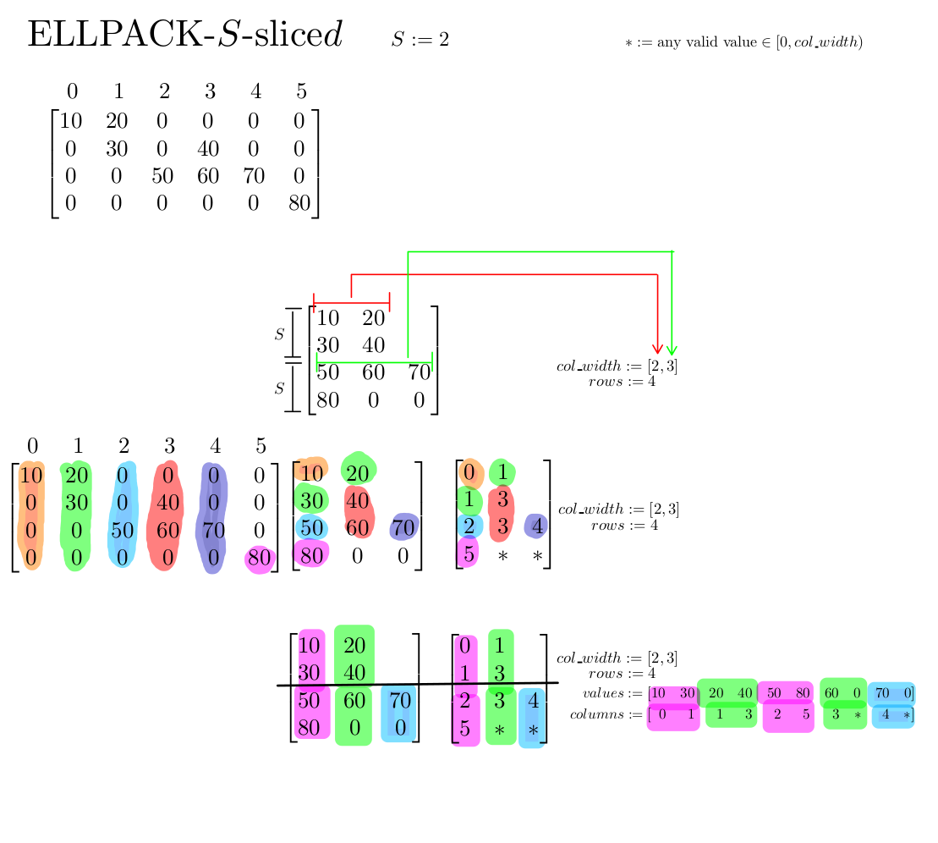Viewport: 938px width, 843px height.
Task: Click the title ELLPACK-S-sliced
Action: [x=184, y=36]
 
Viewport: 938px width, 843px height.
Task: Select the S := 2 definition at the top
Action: [x=420, y=39]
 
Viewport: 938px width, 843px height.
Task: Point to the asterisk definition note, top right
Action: [x=743, y=42]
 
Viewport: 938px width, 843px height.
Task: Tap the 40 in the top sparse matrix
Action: [x=207, y=150]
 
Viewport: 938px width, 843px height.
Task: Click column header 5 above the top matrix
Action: [x=301, y=92]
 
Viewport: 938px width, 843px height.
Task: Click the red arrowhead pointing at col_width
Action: [x=657, y=349]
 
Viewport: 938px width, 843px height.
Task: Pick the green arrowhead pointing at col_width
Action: [x=672, y=349]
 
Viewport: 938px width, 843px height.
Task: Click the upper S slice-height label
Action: [x=279, y=334]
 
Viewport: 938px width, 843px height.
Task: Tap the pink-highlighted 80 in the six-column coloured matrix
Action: [x=260, y=559]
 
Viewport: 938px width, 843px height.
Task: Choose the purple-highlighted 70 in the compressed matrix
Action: [x=404, y=528]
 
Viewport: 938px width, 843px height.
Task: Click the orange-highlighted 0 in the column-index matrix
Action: [x=469, y=473]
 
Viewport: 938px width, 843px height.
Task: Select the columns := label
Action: [x=606, y=714]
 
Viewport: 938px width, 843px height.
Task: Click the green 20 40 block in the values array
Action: [x=729, y=693]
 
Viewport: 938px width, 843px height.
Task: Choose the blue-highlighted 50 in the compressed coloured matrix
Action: [x=312, y=527]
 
